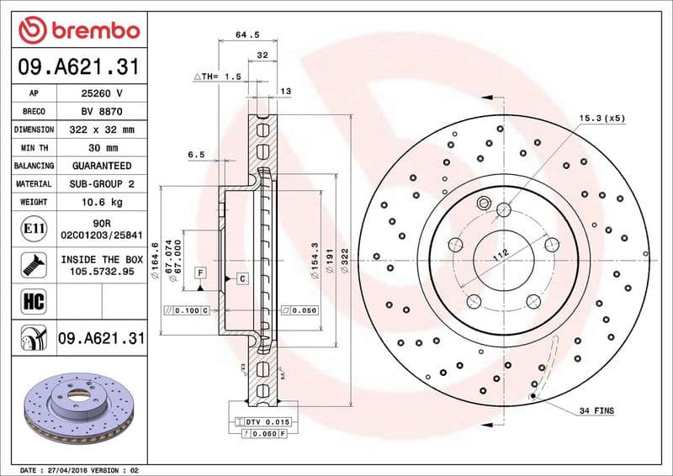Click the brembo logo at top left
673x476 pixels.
click(x=78, y=31)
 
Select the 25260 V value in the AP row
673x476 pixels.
click(x=102, y=93)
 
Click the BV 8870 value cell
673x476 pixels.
click(x=102, y=111)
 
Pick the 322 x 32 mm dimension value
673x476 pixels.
click(x=102, y=130)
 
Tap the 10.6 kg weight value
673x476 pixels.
click(x=102, y=202)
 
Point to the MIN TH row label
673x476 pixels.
click(x=34, y=148)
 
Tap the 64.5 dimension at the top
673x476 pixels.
click(x=246, y=35)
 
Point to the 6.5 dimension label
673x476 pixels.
click(x=196, y=154)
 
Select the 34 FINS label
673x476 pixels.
click(x=596, y=410)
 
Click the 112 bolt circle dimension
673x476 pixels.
click(x=500, y=256)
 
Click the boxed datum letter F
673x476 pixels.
click(x=200, y=272)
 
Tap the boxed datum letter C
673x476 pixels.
click(x=241, y=278)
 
